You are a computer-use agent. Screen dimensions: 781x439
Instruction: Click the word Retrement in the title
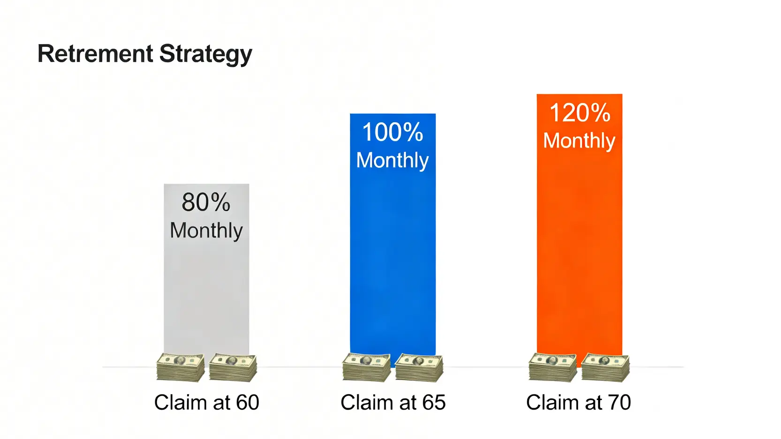(95, 53)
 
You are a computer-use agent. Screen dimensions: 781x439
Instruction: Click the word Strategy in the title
(206, 55)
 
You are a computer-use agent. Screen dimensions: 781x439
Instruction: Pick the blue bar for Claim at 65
(392, 237)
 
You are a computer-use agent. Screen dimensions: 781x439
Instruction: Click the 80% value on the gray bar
(206, 202)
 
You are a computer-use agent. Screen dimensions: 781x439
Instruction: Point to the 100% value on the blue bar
(392, 132)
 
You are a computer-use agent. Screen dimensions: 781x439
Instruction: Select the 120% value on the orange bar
(580, 113)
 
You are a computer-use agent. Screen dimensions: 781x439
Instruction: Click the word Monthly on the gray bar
(206, 231)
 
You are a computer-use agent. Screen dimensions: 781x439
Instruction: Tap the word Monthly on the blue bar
(392, 161)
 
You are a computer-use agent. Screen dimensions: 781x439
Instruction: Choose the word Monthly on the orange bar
(579, 141)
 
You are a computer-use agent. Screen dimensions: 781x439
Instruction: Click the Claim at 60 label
(206, 402)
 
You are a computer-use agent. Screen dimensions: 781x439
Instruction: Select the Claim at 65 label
(393, 402)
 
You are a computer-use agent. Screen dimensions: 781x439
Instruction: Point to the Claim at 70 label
(578, 402)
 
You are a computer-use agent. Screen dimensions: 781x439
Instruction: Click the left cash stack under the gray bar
(180, 367)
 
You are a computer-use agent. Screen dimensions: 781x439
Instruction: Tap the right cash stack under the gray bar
(233, 367)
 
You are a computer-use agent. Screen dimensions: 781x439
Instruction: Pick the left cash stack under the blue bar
(367, 367)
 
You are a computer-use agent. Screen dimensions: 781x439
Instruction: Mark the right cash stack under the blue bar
(419, 367)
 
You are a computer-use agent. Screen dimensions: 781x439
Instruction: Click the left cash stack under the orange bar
(553, 367)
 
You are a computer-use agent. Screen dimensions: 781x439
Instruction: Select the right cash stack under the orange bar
(606, 367)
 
